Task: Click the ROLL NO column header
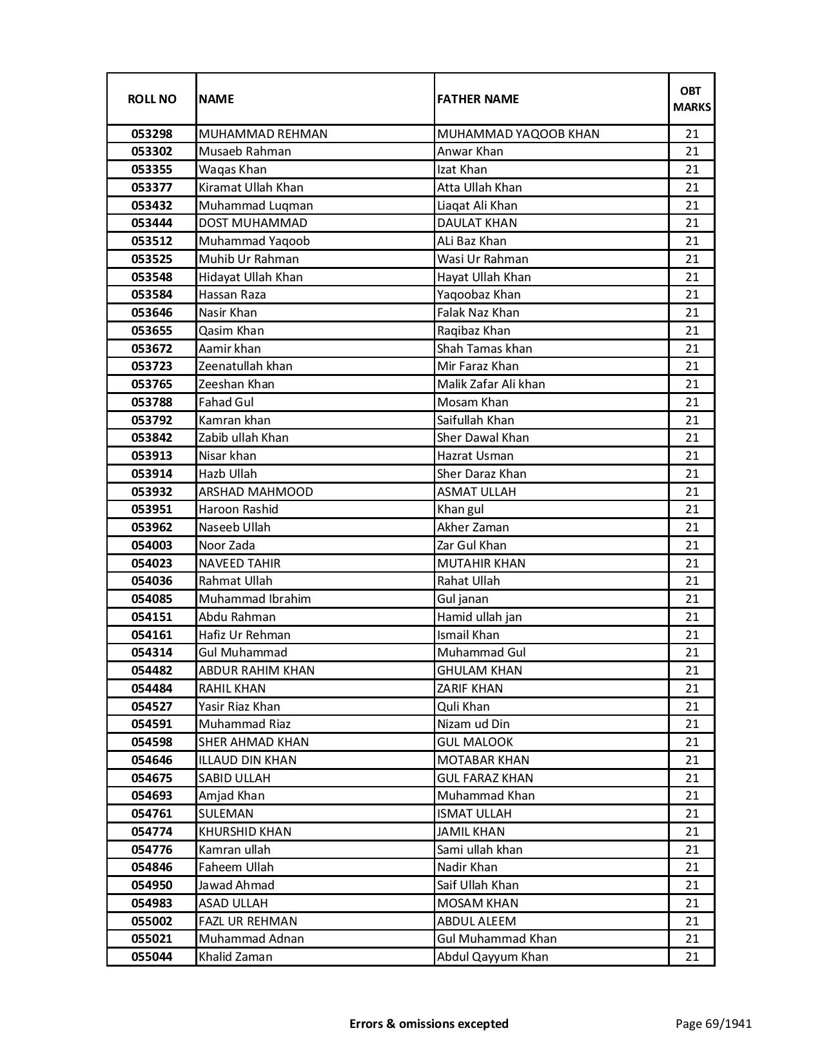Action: tap(152, 99)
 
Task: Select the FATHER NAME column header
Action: tap(478, 99)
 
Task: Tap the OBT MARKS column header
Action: tap(692, 99)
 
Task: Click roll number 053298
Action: tap(152, 134)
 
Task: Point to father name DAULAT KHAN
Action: tap(477, 223)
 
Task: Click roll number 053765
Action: tap(152, 384)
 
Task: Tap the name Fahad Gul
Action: tap(226, 402)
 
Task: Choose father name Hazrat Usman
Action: tap(475, 456)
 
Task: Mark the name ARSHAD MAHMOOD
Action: tap(256, 492)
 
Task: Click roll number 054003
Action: tap(152, 546)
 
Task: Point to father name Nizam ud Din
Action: tap(473, 724)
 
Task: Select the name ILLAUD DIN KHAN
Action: tap(248, 760)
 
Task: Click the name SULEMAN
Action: tap(226, 814)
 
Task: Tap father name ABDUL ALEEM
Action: tap(476, 921)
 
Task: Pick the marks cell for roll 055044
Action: tap(692, 957)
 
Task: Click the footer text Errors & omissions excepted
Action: tap(429, 1023)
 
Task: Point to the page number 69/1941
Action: tap(714, 1023)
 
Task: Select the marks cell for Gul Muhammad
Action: tap(692, 653)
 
